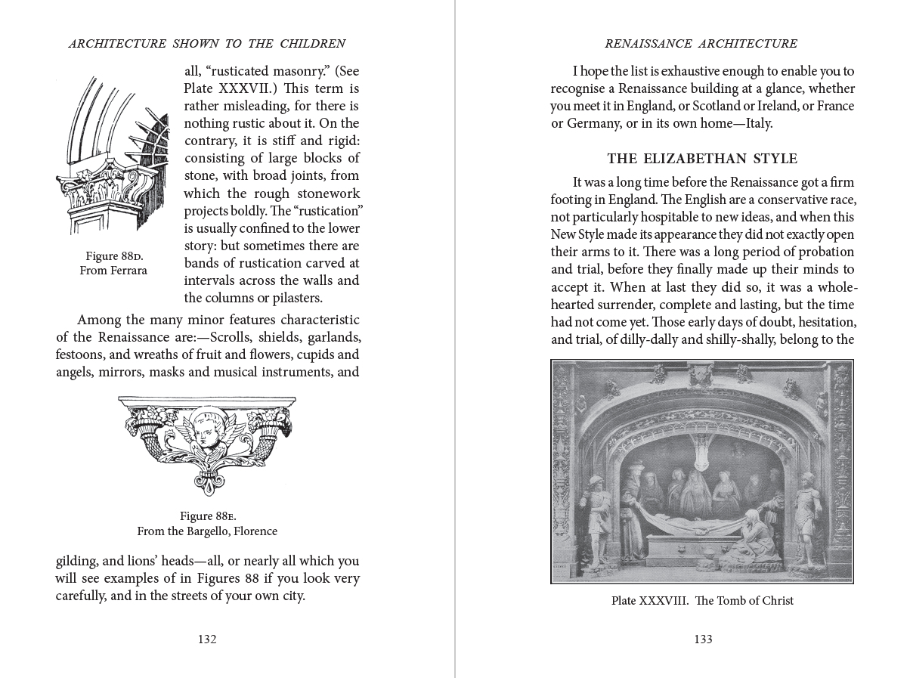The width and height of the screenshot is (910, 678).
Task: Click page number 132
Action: (207, 639)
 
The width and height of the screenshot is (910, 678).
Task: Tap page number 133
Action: (703, 639)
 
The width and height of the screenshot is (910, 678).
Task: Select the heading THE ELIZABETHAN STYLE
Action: (702, 159)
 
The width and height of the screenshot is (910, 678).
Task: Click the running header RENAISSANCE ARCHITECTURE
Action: (702, 43)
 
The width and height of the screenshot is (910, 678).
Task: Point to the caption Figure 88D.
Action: (113, 256)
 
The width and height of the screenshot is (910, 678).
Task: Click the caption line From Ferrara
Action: (113, 271)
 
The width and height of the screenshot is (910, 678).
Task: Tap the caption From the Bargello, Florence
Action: (207, 531)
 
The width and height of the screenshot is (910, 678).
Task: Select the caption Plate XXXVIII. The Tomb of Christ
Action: (702, 601)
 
